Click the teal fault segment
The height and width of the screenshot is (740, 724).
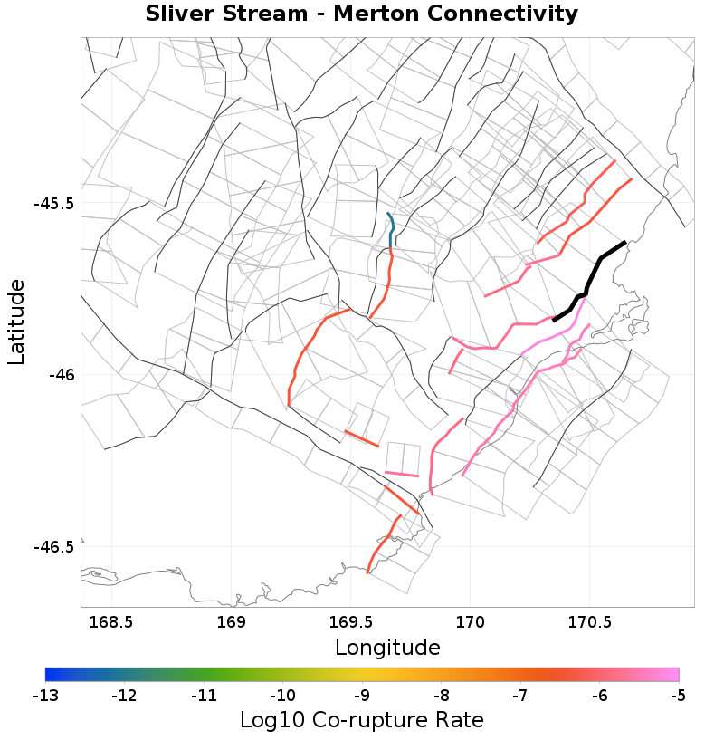[x=392, y=230]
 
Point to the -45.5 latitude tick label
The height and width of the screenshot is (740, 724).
[x=54, y=203]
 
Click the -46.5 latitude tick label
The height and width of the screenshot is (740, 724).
[x=54, y=546]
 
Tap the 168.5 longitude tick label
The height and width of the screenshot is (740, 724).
[x=112, y=622]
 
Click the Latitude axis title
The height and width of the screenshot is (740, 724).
[x=16, y=322]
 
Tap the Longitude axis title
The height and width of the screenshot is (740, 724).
[x=387, y=648]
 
